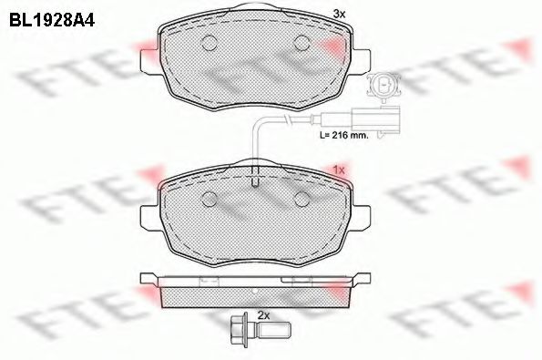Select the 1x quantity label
tap(339, 170)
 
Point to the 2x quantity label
tap(265, 315)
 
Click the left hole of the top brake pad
tap(208, 42)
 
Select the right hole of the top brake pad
tap(302, 42)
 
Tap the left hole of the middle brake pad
tap(208, 199)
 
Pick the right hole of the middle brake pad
tap(302, 199)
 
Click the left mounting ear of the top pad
tap(146, 58)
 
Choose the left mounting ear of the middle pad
tap(146, 217)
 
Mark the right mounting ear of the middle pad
tap(364, 217)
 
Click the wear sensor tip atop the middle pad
tap(255, 181)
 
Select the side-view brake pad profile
tap(255, 290)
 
